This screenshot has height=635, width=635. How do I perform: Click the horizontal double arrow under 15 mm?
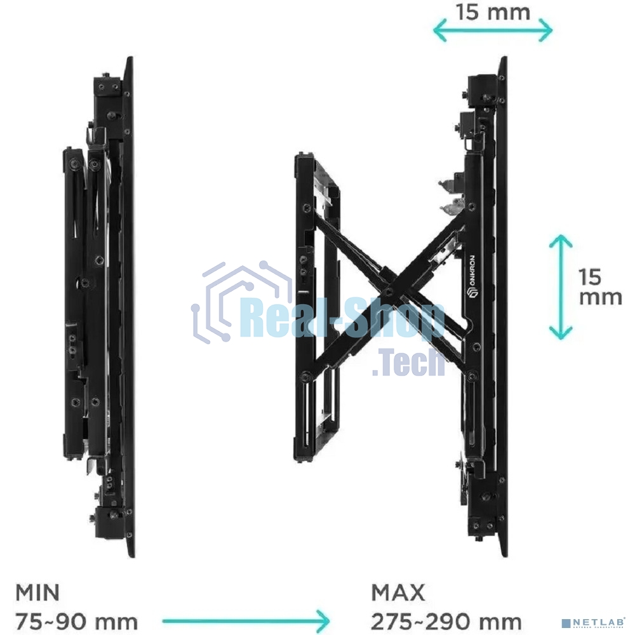493,30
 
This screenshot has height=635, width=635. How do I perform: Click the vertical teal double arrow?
561,287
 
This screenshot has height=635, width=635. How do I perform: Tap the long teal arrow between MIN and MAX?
246,621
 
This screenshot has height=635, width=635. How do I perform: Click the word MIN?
37,592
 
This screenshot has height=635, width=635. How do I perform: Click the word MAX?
398,592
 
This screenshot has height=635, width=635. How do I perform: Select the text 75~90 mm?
77,621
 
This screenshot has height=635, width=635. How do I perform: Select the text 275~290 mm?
446,621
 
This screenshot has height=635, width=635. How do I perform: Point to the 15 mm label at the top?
493,12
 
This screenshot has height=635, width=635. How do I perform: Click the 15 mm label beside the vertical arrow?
600,287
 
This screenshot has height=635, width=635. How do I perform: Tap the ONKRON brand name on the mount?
472,276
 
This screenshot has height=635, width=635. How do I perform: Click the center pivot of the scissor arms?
389,290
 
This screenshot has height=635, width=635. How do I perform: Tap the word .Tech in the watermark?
408,363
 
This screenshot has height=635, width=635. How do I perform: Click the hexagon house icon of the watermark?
242,302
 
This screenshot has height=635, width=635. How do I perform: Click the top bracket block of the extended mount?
483,91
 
